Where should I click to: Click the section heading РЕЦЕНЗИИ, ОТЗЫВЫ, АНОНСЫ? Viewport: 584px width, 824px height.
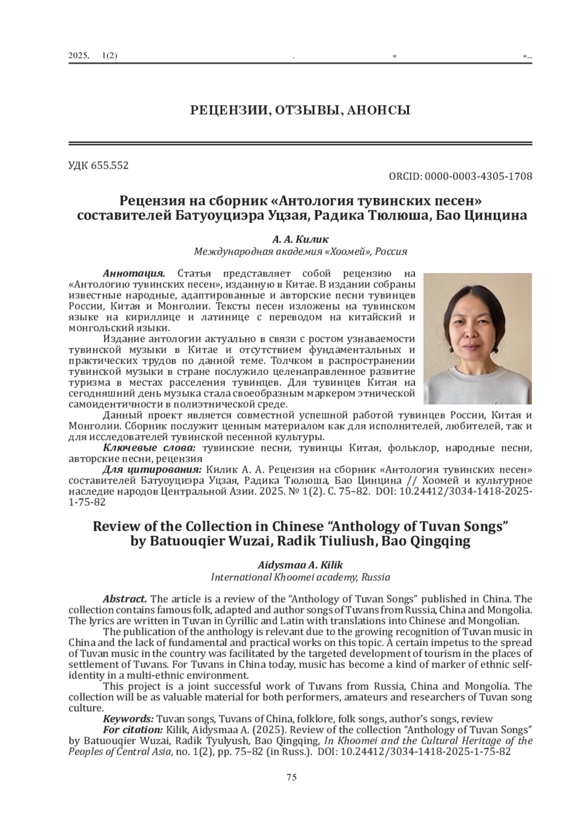[x=300, y=110]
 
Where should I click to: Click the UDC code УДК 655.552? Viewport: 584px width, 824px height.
[x=98, y=165]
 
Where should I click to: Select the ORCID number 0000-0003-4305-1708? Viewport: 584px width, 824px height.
[x=478, y=176]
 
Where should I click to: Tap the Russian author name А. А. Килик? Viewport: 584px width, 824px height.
[x=300, y=239]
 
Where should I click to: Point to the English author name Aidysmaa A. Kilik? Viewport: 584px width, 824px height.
[x=300, y=565]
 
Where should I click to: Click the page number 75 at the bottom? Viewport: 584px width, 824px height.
[x=292, y=777]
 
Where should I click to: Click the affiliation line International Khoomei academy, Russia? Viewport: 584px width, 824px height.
[x=300, y=577]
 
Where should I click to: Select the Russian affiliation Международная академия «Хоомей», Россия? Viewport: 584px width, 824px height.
[x=300, y=252]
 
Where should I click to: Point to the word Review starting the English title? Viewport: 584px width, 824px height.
[x=113, y=527]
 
